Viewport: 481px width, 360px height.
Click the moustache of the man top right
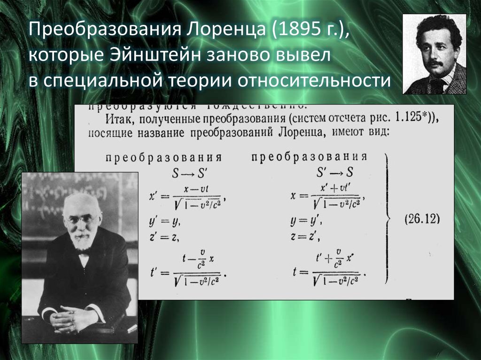point(435,63)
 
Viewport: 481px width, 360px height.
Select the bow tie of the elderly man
point(84,252)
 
